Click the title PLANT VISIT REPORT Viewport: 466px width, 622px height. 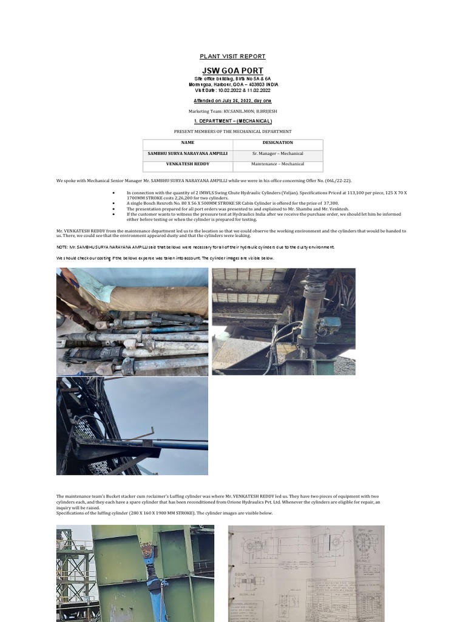pos(232,56)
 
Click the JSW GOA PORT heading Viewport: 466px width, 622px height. pos(232,71)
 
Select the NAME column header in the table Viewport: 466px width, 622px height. pos(187,143)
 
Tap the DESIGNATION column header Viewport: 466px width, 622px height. pos(277,143)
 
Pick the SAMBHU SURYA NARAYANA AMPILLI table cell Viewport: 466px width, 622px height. pos(187,154)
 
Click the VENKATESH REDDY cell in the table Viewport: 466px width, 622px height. pos(187,164)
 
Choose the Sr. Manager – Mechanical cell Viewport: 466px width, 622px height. pos(277,154)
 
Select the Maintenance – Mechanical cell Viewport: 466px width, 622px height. pos(277,164)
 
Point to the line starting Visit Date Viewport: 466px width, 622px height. pos(232,90)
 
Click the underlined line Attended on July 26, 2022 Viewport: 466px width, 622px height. pos(232,100)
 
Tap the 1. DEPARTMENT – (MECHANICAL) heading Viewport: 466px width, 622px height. pos(232,121)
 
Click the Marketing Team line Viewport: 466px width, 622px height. pos(232,112)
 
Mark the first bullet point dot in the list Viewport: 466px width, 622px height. pos(114,192)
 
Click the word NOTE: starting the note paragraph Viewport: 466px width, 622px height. pos(62,247)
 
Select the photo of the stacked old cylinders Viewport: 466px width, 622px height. pos(133,322)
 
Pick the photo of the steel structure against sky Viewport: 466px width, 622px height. pos(132,426)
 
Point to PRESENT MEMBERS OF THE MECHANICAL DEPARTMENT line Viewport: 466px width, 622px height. pos(232,131)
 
